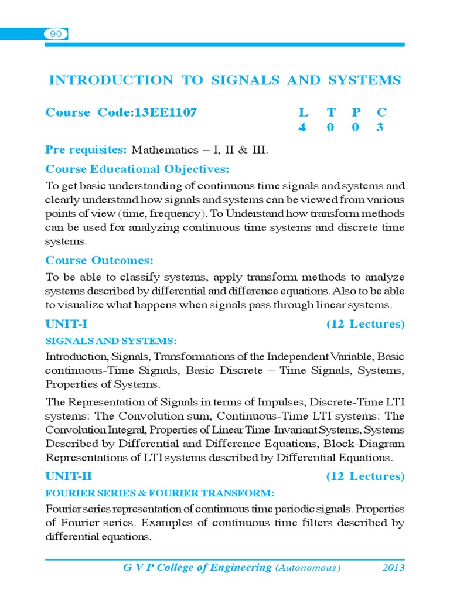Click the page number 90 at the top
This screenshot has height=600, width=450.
point(56,35)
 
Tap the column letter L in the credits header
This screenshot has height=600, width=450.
point(302,112)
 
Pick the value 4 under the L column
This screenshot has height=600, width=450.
point(302,128)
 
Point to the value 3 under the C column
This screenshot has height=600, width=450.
point(380,128)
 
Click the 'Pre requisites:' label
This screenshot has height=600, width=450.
point(86,150)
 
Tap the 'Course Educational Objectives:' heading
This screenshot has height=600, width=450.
point(137,169)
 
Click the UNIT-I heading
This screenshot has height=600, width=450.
point(66,324)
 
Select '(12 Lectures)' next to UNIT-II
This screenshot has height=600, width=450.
point(365,476)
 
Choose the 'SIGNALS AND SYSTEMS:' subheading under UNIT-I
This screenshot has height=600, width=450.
point(111,341)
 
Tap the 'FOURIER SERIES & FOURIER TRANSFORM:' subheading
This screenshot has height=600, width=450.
point(160,493)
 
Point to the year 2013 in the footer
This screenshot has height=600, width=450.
point(393,568)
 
